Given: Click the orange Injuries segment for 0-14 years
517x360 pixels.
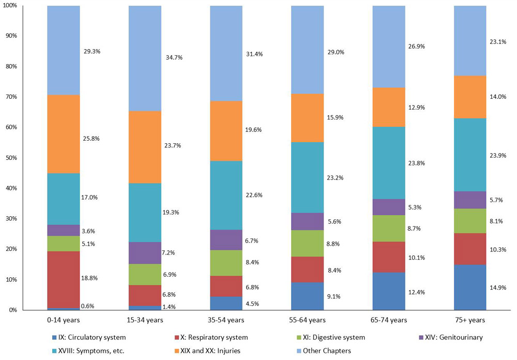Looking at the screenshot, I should coord(63,134).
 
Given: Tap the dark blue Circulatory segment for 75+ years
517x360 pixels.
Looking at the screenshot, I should coord(470,287).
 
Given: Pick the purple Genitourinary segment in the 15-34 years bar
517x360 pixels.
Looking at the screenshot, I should coord(145,253).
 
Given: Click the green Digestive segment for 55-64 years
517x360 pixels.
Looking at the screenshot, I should coord(308,243).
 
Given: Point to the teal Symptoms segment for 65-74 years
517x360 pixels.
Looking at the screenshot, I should coord(389,163).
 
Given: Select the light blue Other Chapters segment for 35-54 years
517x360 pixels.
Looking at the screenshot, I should coord(226,53).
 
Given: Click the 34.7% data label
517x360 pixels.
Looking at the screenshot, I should coord(172,57).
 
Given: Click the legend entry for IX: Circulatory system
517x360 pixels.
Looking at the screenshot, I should coord(88,337).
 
